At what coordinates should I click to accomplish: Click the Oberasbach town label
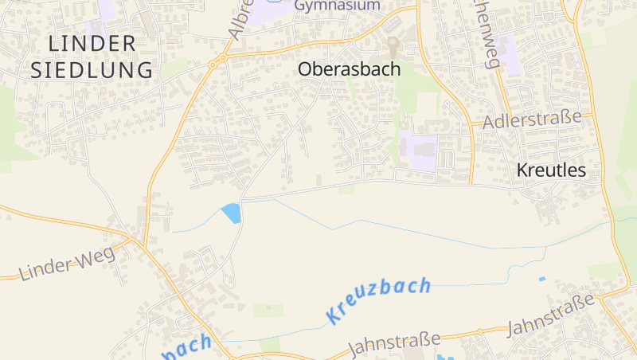pos(349,69)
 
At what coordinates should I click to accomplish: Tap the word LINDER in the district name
pos(92,43)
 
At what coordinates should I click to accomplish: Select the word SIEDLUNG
pos(92,69)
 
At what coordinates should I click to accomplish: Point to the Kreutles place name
pos(551,170)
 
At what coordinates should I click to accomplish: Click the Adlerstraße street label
pos(532,119)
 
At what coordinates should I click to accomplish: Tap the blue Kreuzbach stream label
pos(378,299)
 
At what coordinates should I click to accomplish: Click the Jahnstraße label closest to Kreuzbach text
pos(395,344)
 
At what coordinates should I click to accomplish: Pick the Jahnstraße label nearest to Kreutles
pos(551,315)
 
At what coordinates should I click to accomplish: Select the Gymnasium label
pos(337,6)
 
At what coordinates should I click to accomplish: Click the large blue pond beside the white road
pos(232,213)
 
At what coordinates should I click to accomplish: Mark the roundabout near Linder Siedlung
pos(214,62)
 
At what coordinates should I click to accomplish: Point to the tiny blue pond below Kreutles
pos(542,279)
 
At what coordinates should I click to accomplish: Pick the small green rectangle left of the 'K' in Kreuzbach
pos(268,310)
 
